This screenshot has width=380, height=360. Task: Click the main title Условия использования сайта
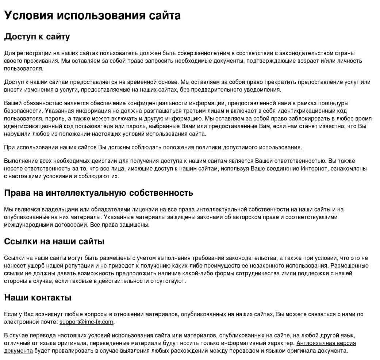pos(92,15)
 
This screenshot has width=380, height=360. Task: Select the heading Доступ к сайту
pos(37,37)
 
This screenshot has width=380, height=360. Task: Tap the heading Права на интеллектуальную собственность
pos(99,193)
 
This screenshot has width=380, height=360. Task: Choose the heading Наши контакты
pos(38,298)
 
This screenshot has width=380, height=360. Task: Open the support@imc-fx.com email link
pos(87,322)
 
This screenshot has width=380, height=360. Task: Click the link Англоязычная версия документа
pos(326,343)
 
